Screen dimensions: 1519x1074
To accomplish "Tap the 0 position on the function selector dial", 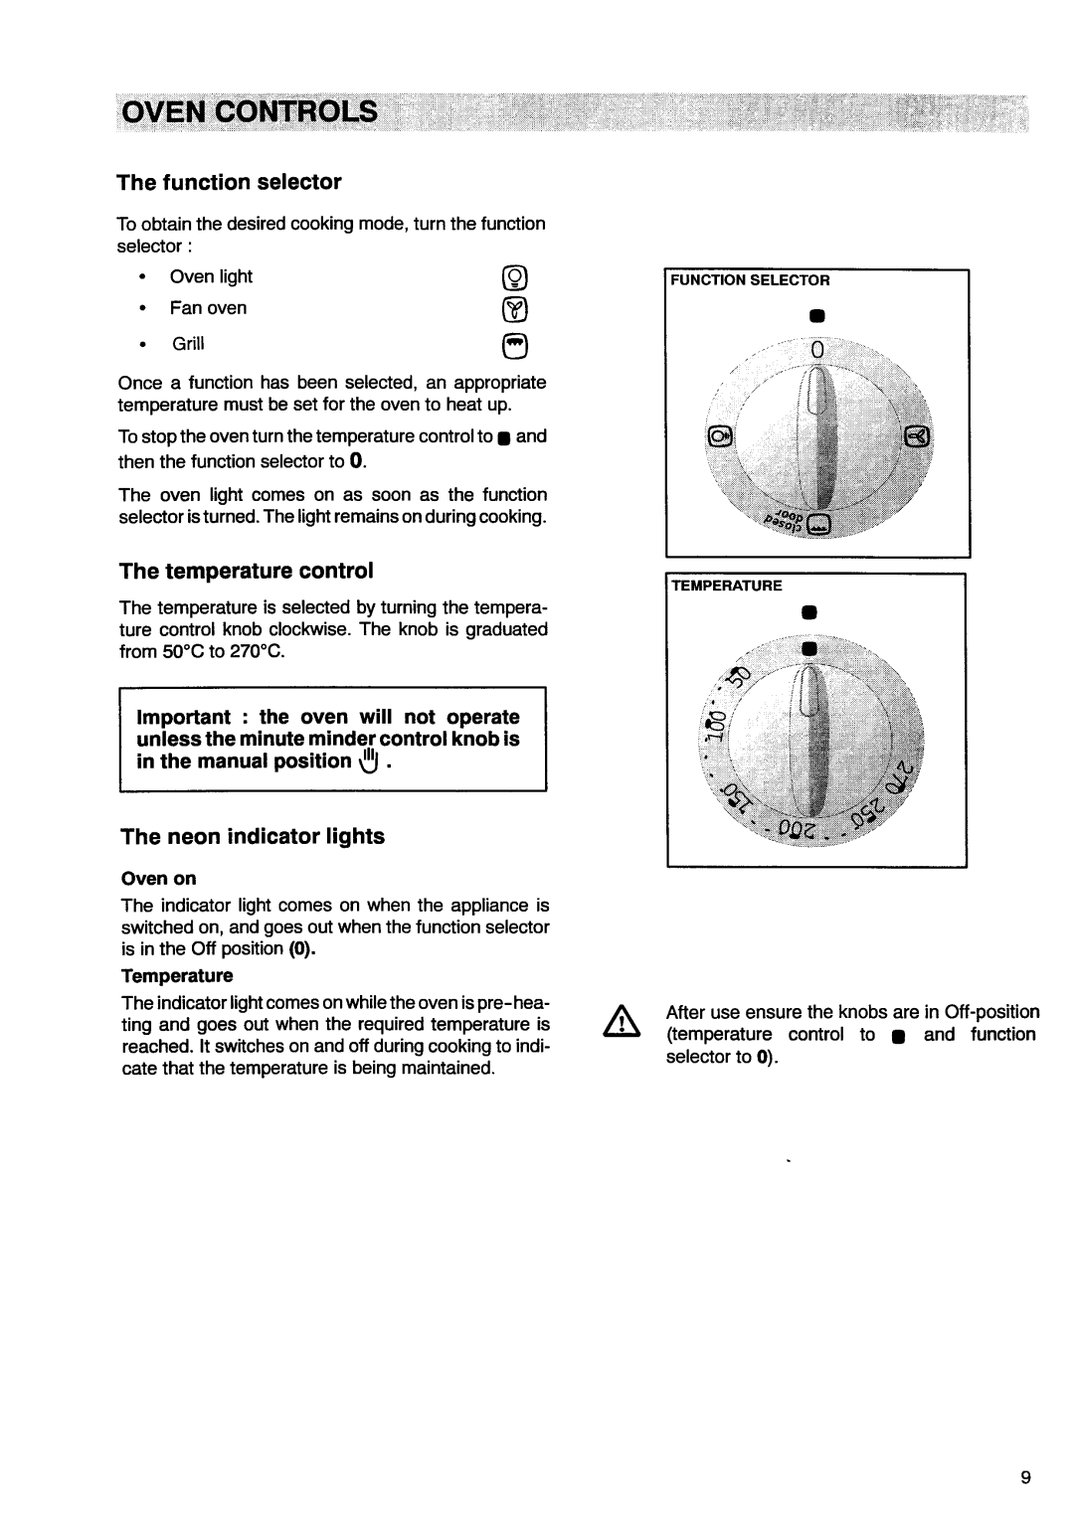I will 817,352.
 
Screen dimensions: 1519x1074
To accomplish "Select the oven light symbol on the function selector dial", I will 720,434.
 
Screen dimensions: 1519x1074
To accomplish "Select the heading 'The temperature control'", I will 247,571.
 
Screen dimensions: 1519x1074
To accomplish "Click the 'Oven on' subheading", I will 159,878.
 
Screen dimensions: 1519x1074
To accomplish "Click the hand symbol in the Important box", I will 368,761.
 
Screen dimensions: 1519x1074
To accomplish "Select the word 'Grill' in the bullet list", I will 188,344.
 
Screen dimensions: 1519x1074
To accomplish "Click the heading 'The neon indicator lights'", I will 253,837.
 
